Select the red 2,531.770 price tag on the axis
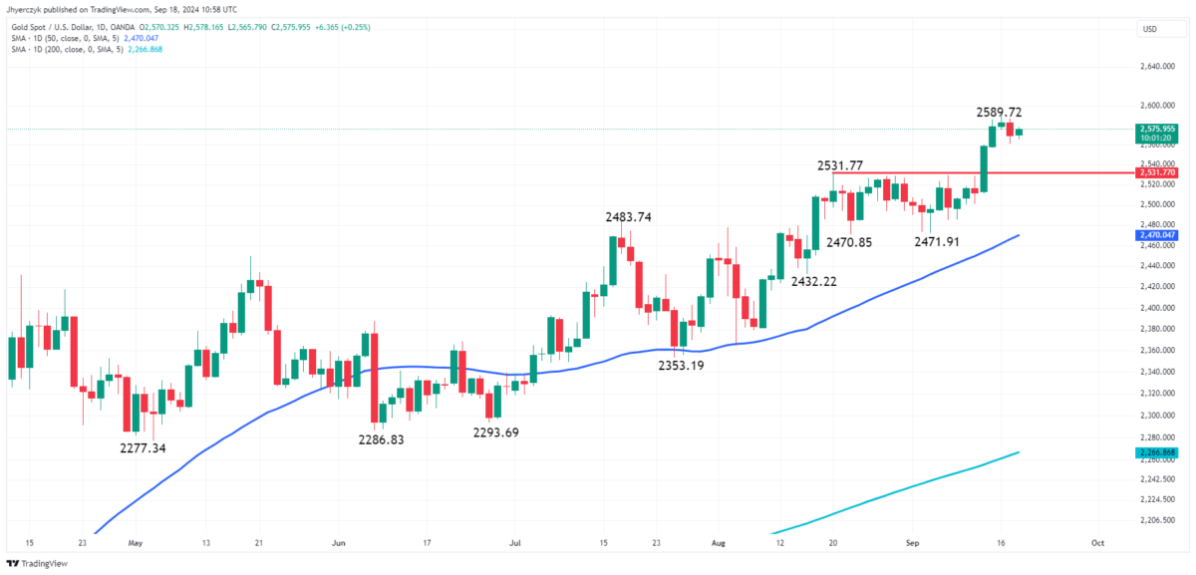(1156, 172)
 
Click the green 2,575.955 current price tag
(1156, 130)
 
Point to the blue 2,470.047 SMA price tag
(1156, 235)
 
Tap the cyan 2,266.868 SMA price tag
(1156, 452)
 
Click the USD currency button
(1151, 29)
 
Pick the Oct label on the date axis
(1097, 543)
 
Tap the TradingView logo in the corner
(40, 563)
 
